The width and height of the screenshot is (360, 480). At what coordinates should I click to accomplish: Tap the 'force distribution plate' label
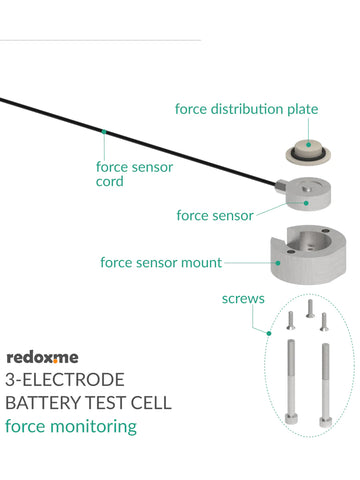click(x=246, y=108)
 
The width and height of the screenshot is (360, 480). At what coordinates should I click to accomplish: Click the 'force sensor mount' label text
click(x=161, y=263)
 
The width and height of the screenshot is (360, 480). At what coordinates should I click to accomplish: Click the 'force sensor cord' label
click(x=133, y=174)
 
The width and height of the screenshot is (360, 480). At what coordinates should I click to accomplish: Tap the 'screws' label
click(x=243, y=298)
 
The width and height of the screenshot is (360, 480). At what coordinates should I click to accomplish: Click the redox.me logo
click(x=42, y=356)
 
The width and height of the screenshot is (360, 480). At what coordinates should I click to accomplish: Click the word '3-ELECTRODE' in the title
click(x=65, y=380)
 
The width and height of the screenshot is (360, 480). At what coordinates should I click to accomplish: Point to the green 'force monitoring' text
click(x=70, y=427)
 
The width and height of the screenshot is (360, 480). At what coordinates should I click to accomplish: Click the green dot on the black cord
click(x=103, y=130)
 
